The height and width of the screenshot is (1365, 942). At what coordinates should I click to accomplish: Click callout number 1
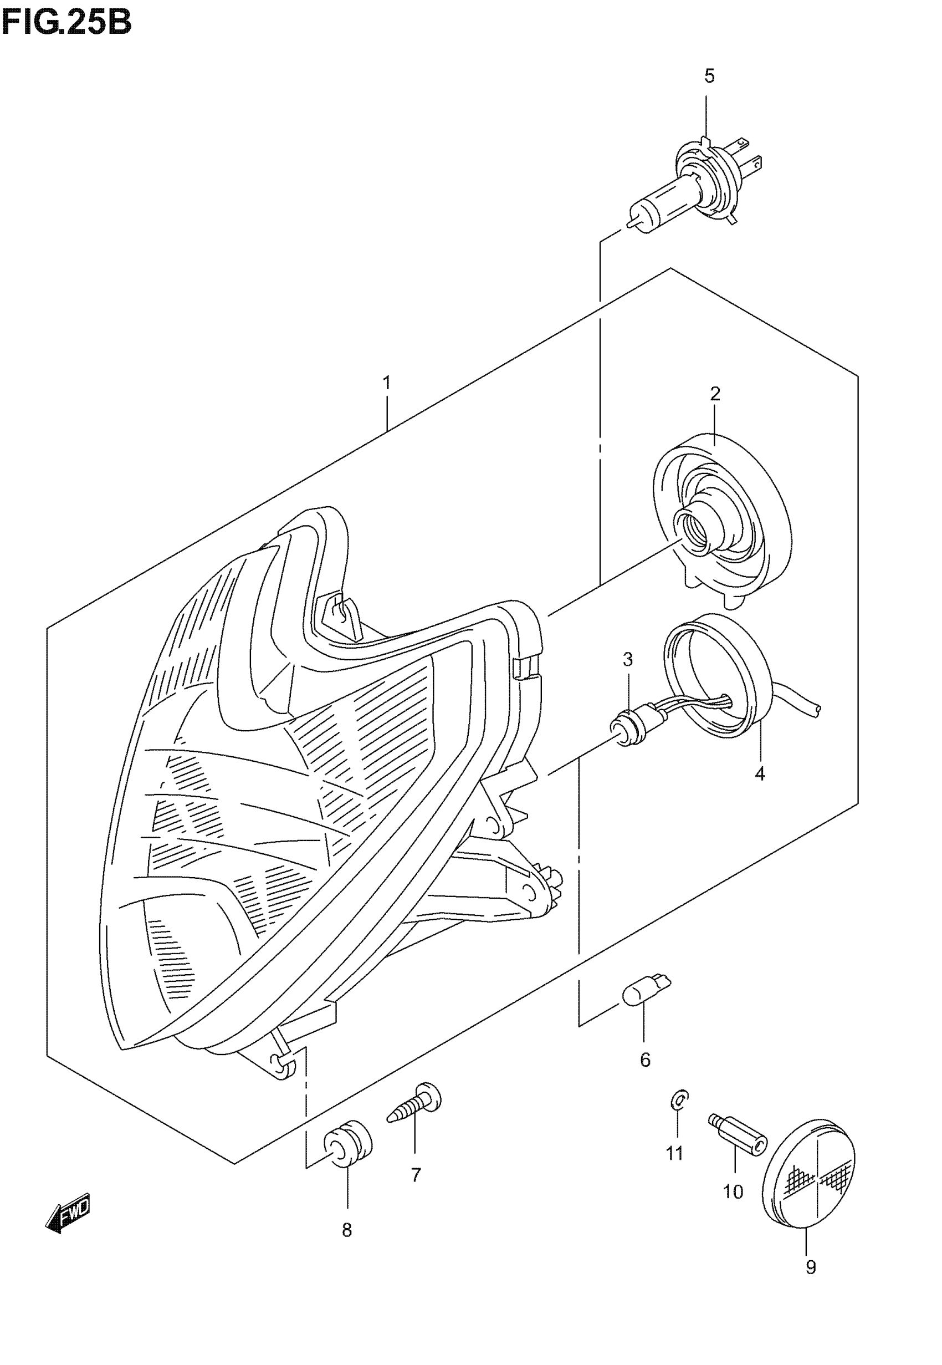pos(387,383)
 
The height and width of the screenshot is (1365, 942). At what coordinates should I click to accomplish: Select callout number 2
pos(715,394)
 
